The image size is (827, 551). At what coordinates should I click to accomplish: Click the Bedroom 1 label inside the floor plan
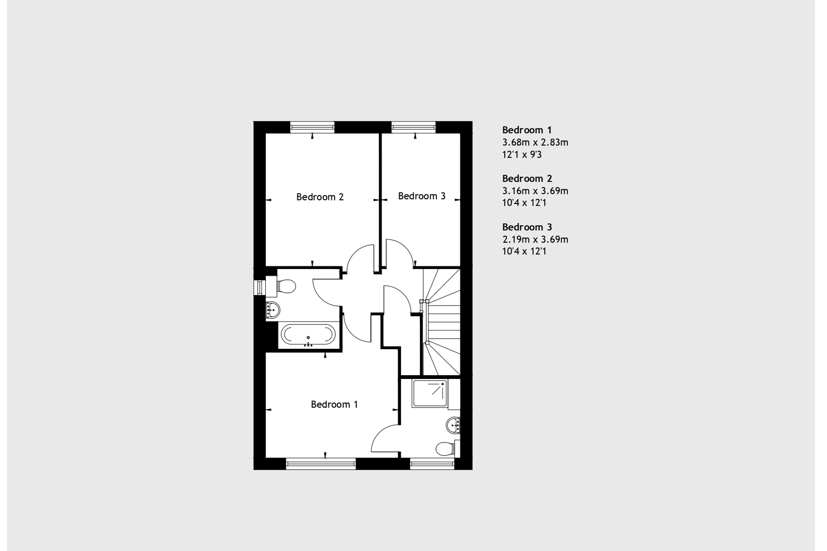[334, 405]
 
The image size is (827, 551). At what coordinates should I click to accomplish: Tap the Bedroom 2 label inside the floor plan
[320, 197]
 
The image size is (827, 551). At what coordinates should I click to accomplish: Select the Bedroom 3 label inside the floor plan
[422, 196]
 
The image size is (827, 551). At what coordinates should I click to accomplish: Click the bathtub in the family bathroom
[308, 335]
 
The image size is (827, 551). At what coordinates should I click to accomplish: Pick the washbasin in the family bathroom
[272, 310]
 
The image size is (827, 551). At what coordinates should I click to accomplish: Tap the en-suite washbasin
[453, 425]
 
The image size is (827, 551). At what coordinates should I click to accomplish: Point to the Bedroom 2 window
[312, 126]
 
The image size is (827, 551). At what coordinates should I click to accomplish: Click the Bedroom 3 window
[413, 126]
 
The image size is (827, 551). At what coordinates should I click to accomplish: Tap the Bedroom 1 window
[321, 464]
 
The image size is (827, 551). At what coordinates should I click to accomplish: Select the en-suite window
[432, 464]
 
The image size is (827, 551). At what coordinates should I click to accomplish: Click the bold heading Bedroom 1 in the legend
[527, 130]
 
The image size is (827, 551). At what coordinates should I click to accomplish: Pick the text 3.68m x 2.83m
[535, 143]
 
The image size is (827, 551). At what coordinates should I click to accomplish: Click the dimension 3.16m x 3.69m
[535, 191]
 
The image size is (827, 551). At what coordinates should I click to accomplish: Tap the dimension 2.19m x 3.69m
[535, 240]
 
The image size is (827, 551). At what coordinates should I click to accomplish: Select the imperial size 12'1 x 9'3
[522, 155]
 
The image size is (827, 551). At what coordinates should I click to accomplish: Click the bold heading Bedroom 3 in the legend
[527, 227]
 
